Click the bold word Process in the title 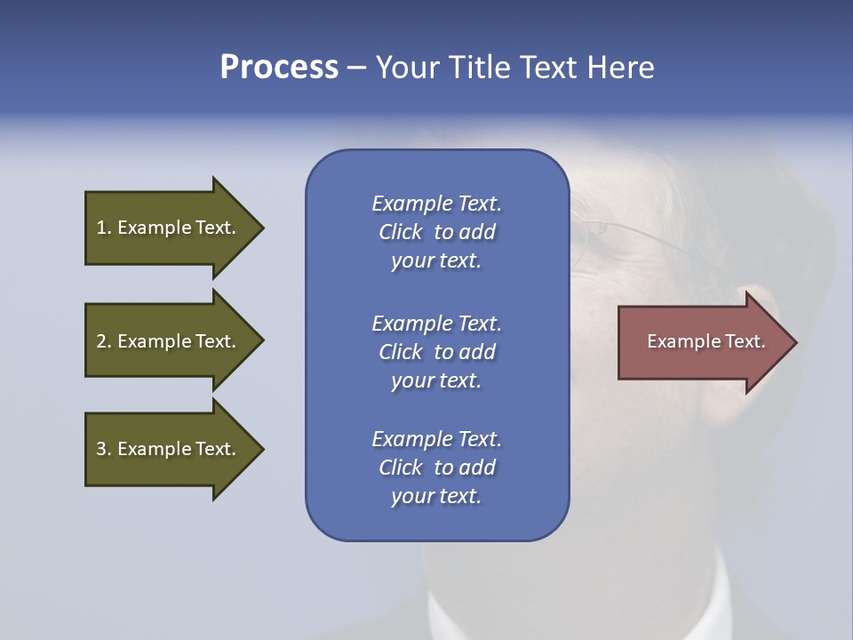pos(279,68)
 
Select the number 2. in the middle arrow pos(103,341)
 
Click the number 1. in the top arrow pos(103,228)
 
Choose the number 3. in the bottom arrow pos(103,449)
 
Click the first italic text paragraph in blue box pos(436,232)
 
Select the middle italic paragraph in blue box pos(436,352)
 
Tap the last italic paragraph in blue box pos(436,468)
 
